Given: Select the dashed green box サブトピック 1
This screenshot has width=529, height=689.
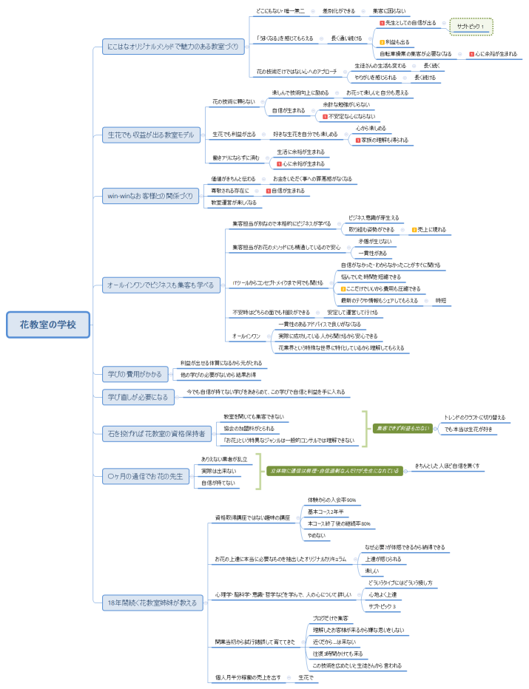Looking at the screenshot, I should coord(471,27).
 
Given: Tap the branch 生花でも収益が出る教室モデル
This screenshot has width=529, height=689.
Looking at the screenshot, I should coord(150,135).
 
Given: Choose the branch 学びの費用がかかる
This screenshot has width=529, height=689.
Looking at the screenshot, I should coord(135,374).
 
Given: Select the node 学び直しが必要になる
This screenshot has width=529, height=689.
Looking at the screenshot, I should coord(137,397).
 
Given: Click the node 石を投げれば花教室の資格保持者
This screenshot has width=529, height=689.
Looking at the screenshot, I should coord(156,431).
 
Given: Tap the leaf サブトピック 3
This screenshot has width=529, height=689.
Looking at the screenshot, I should coord(383,606).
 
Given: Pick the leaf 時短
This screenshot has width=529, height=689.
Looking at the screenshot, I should coord(440,300).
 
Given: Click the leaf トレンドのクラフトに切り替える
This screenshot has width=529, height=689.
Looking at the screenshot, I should coord(474,417).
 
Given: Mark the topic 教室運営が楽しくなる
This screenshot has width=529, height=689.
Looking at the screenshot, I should coord(234,202).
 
